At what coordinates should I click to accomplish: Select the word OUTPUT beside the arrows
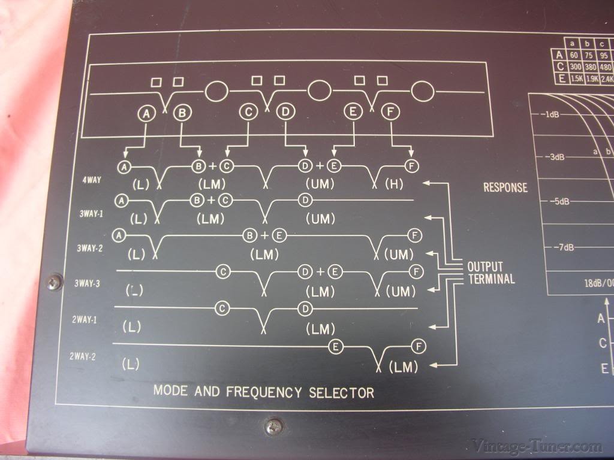(485, 267)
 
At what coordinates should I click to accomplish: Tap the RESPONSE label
(505, 187)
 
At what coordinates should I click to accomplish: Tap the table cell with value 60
(574, 55)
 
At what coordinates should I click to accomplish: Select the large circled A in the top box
(146, 111)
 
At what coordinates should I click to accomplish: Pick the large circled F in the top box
(391, 111)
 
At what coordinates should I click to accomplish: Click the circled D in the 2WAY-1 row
(305, 308)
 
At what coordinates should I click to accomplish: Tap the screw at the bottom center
(275, 426)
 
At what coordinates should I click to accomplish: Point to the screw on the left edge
(55, 280)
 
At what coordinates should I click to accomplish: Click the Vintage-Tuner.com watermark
(536, 446)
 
